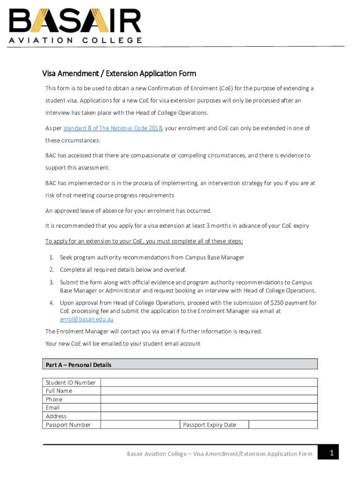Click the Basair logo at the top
pos(75,21)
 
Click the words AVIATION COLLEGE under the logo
pos(75,40)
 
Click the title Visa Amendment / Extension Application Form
pos(119,73)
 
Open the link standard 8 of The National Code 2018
pos(113,128)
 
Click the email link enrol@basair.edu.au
pos(86,319)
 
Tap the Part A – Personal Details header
pos(79,365)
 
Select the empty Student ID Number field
pos(209,383)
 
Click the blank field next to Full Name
pos(209,391)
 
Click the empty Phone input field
pos(209,399)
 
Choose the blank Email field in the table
pos(209,408)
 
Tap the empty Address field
pos(209,416)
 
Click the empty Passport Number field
pos(140,425)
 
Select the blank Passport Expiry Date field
pos(282,425)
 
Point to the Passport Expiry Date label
pos(209,425)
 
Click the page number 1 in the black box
pos(331,452)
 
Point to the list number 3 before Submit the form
pos(51,282)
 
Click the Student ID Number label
pos(71,383)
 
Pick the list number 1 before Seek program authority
pos(51,257)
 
